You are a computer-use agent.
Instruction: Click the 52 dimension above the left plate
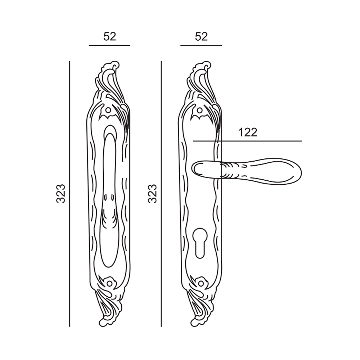pos(110,37)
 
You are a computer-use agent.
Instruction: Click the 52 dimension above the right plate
pos(201,37)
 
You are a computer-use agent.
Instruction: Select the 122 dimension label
pos(248,132)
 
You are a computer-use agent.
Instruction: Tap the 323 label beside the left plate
pos(61,193)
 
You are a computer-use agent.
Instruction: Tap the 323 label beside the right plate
pos(152,193)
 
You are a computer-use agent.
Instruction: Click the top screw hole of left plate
pos(108,111)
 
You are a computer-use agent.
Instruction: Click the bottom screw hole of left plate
pos(109,284)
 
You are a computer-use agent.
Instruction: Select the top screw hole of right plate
pos(199,111)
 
